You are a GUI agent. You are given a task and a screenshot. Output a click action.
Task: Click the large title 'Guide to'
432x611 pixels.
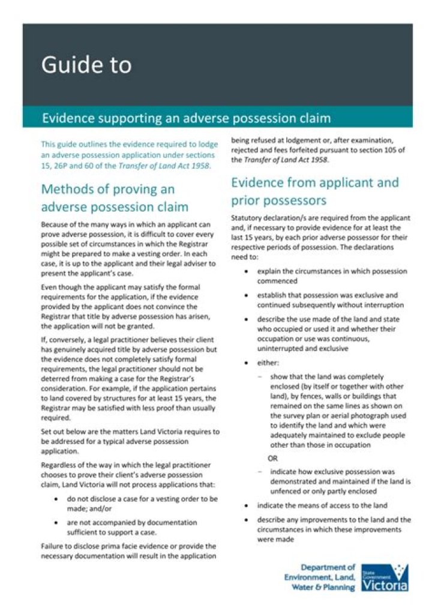coord(86,65)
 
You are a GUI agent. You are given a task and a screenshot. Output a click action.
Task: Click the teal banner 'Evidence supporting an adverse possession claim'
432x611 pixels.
coord(186,117)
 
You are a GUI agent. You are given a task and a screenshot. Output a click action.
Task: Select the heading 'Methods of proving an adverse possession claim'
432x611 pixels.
coord(115,198)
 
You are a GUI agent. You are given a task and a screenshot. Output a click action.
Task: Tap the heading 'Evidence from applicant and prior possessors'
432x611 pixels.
coord(314,191)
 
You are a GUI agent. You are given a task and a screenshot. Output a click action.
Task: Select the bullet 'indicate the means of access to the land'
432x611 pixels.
coord(322,505)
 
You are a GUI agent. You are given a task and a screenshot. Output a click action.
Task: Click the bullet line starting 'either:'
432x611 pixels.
coord(268,363)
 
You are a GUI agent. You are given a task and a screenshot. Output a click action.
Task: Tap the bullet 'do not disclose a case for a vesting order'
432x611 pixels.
coord(142,503)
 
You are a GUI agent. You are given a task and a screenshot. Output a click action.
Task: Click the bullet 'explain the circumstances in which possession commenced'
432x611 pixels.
coord(332,275)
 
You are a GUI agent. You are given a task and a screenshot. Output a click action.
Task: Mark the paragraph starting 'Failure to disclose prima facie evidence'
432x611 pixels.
coord(128,551)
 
